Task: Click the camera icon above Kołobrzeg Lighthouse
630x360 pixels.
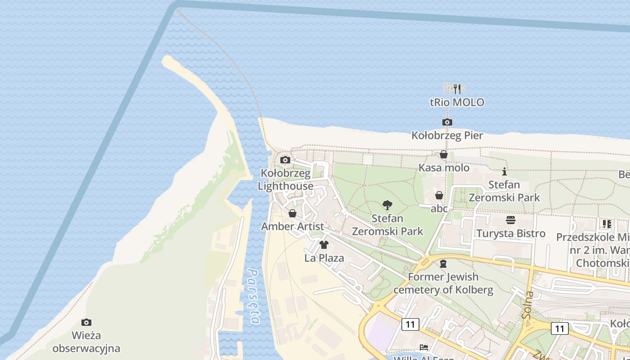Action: click(x=285, y=160)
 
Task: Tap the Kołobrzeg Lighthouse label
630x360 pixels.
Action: click(x=286, y=180)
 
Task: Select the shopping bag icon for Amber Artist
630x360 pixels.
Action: click(x=292, y=213)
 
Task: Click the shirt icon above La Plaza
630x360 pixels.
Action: click(x=324, y=245)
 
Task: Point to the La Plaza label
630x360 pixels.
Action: click(x=324, y=258)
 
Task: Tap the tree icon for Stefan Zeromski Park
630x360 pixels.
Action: click(x=387, y=206)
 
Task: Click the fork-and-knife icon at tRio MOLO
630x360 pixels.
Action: click(x=457, y=89)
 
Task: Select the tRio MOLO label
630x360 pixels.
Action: click(x=457, y=102)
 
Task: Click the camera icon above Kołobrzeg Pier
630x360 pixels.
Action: click(x=447, y=122)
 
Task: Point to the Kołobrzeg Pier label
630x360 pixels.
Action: click(x=447, y=135)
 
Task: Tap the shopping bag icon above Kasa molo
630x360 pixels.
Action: click(x=444, y=155)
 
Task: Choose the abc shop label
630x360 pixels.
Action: click(x=439, y=208)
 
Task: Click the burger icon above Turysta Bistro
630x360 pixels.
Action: click(x=511, y=220)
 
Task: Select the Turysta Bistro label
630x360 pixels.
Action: click(x=511, y=233)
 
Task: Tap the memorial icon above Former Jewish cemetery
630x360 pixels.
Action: click(x=443, y=264)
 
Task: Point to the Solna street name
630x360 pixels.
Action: click(x=528, y=305)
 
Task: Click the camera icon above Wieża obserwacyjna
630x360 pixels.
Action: click(x=86, y=322)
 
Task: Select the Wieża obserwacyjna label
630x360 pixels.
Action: click(x=86, y=342)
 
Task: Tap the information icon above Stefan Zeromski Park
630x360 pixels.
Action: click(x=504, y=171)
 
